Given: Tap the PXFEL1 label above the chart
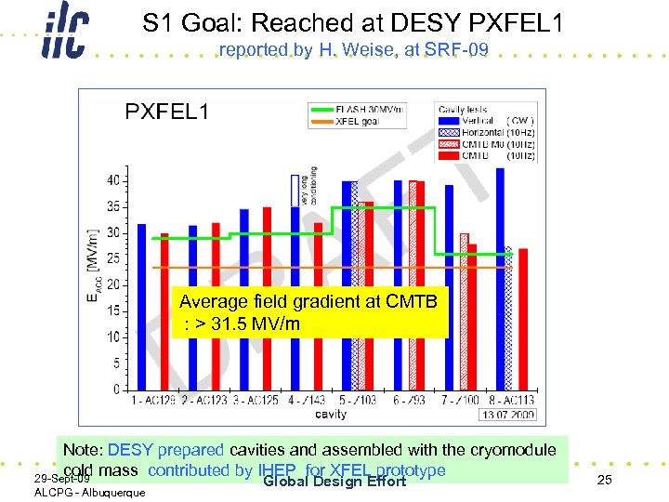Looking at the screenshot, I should point(167,112).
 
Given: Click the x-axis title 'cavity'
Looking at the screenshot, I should point(332,415).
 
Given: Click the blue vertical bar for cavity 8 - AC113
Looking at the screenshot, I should point(500,279).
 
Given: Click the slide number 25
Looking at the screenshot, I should point(604,479).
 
